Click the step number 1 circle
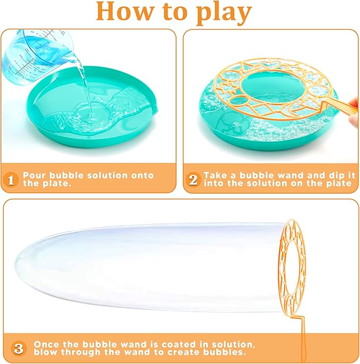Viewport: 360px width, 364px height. point(10,179)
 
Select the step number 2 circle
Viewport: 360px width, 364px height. point(193,179)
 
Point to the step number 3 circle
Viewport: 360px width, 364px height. point(19,348)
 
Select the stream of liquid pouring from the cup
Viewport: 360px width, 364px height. point(85,85)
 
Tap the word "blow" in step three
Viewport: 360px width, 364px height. point(46,352)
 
